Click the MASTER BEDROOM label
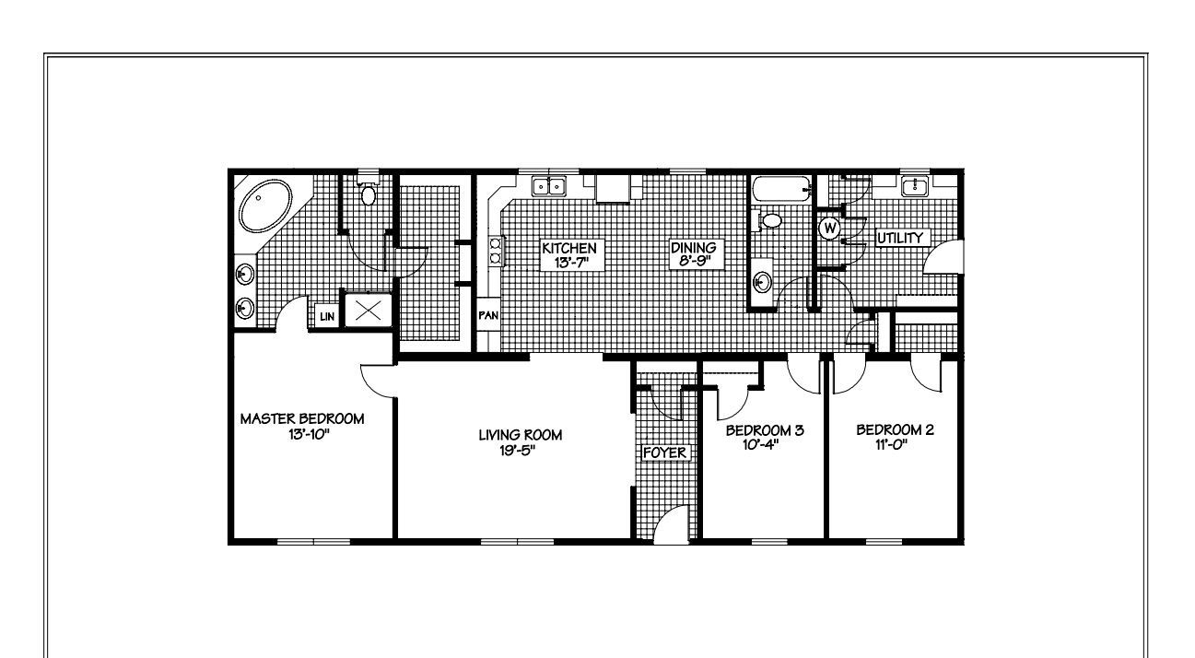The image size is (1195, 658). click(302, 418)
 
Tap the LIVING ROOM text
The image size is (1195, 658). click(520, 435)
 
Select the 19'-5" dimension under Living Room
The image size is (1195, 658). click(520, 451)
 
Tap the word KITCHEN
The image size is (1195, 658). click(569, 248)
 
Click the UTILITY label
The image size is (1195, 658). click(899, 239)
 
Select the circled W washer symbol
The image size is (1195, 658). click(829, 227)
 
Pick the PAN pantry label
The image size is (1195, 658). click(487, 315)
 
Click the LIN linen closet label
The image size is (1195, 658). click(327, 316)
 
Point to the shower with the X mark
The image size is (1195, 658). click(368, 310)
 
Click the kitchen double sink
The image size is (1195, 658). click(550, 187)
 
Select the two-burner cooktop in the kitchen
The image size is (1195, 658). click(495, 252)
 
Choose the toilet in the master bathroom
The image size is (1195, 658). click(369, 194)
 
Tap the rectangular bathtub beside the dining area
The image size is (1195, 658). click(779, 190)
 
